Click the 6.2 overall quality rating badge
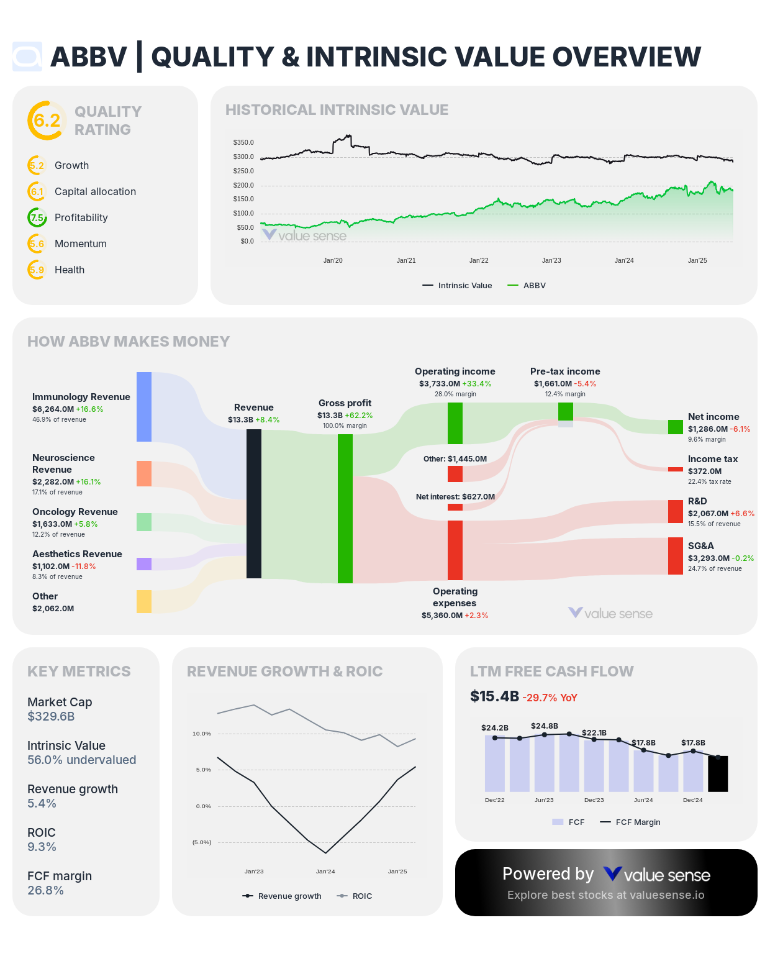tap(47, 121)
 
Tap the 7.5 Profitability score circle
tap(37, 217)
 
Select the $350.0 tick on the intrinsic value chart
tap(243, 143)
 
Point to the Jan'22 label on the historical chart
tap(479, 260)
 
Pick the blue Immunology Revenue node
tap(144, 407)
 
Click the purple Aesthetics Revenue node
tap(144, 564)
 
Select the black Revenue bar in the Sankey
tap(254, 504)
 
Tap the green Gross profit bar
tap(345, 509)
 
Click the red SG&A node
tap(676, 556)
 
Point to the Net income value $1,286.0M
tap(708, 429)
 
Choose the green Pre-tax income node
tap(566, 412)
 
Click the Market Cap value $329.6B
tap(51, 717)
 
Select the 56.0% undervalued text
tap(81, 760)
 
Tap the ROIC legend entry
tap(355, 896)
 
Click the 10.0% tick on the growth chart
tap(202, 734)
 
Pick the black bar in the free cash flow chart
tap(718, 774)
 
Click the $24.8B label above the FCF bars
tap(545, 726)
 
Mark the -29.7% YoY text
tap(550, 698)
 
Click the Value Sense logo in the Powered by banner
tap(657, 875)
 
